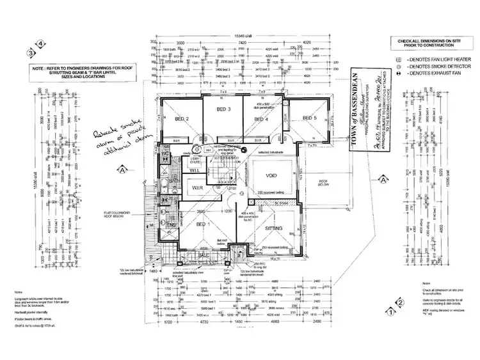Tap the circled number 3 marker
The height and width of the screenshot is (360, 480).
coord(30,53)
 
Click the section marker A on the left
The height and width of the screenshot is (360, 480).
coord(121,169)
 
